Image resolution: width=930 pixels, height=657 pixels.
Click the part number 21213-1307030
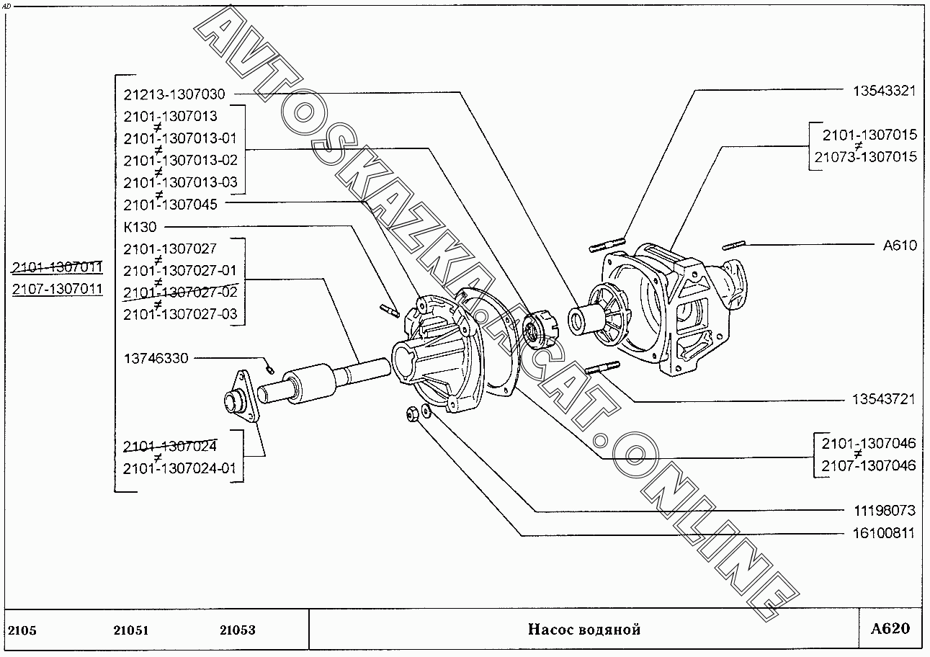click(x=174, y=94)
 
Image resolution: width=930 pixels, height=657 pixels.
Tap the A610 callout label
click(x=900, y=245)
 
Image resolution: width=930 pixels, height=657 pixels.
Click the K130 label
click(x=140, y=227)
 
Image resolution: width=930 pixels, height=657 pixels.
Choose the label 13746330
click(x=156, y=358)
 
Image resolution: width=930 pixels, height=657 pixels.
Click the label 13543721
click(x=884, y=398)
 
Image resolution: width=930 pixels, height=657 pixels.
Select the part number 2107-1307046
click(x=868, y=465)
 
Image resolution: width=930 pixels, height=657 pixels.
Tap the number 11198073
click(x=884, y=511)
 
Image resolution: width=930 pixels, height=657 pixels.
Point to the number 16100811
click(x=884, y=534)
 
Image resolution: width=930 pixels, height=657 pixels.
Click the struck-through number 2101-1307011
click(x=58, y=267)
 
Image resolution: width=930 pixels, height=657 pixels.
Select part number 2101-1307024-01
click(x=179, y=468)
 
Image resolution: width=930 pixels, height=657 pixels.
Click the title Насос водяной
click(x=584, y=630)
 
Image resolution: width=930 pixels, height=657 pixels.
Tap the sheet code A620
click(x=890, y=628)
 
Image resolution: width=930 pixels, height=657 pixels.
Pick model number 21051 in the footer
click(x=130, y=630)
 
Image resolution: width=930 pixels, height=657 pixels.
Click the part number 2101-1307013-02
click(x=180, y=159)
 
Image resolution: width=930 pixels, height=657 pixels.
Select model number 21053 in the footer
click(x=237, y=630)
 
